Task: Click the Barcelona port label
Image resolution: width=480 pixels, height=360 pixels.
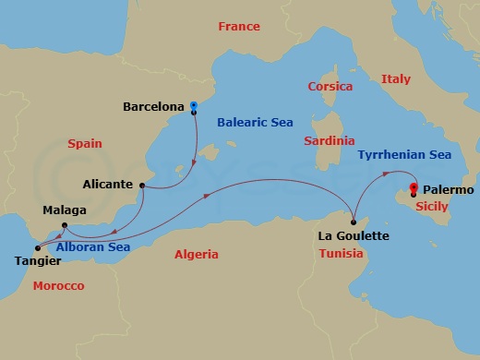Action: (x=154, y=107)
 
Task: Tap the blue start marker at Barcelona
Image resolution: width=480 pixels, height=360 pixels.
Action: (x=194, y=106)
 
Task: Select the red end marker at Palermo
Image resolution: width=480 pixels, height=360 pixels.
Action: (x=413, y=188)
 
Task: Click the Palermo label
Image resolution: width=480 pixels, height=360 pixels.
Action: (x=450, y=190)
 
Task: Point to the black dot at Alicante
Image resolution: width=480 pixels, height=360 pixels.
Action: (x=142, y=186)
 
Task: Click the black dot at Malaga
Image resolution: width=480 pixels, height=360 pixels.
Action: (x=64, y=226)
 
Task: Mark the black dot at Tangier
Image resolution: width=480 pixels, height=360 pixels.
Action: (x=38, y=247)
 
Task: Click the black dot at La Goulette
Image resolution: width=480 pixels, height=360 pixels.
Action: (x=354, y=222)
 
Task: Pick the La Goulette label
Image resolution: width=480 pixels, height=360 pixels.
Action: (x=354, y=236)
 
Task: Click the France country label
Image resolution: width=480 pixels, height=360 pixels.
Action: (x=238, y=27)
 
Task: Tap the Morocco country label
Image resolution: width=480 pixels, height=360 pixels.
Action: (x=58, y=286)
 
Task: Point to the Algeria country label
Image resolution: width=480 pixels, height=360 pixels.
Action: (x=196, y=254)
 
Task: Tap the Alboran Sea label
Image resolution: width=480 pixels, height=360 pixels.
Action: (x=92, y=247)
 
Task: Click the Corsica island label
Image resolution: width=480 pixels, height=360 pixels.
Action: (x=330, y=86)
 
